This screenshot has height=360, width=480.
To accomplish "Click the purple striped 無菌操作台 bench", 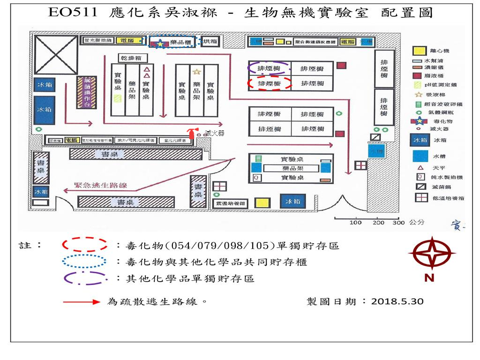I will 87,93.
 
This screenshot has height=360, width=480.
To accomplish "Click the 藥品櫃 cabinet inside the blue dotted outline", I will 180,43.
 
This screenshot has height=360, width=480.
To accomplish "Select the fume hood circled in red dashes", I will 269,84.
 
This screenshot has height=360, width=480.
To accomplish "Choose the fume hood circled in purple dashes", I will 269,68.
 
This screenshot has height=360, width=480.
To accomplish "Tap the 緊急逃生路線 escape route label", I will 101,186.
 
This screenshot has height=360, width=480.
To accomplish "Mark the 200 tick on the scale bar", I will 378,223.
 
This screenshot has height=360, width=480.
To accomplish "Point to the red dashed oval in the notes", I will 85,245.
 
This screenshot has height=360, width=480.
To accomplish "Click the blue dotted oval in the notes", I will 85,262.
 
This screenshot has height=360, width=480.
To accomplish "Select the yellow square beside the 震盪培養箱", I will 263,202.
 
